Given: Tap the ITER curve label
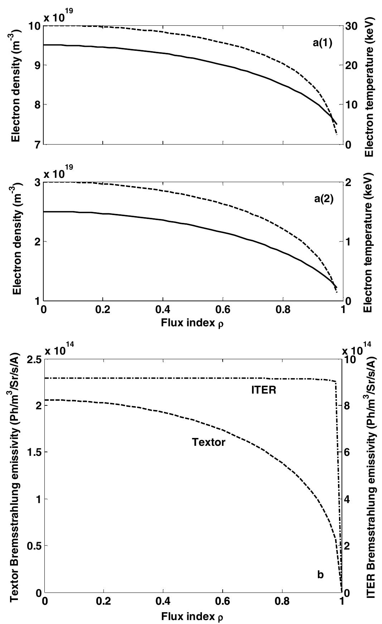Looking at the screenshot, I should coord(263,390).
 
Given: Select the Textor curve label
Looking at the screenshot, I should coord(209,442).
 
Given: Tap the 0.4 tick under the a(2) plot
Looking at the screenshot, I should coord(163,309).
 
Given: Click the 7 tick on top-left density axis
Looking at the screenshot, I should coord(37,145).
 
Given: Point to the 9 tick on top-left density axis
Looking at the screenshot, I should coord(37,65).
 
